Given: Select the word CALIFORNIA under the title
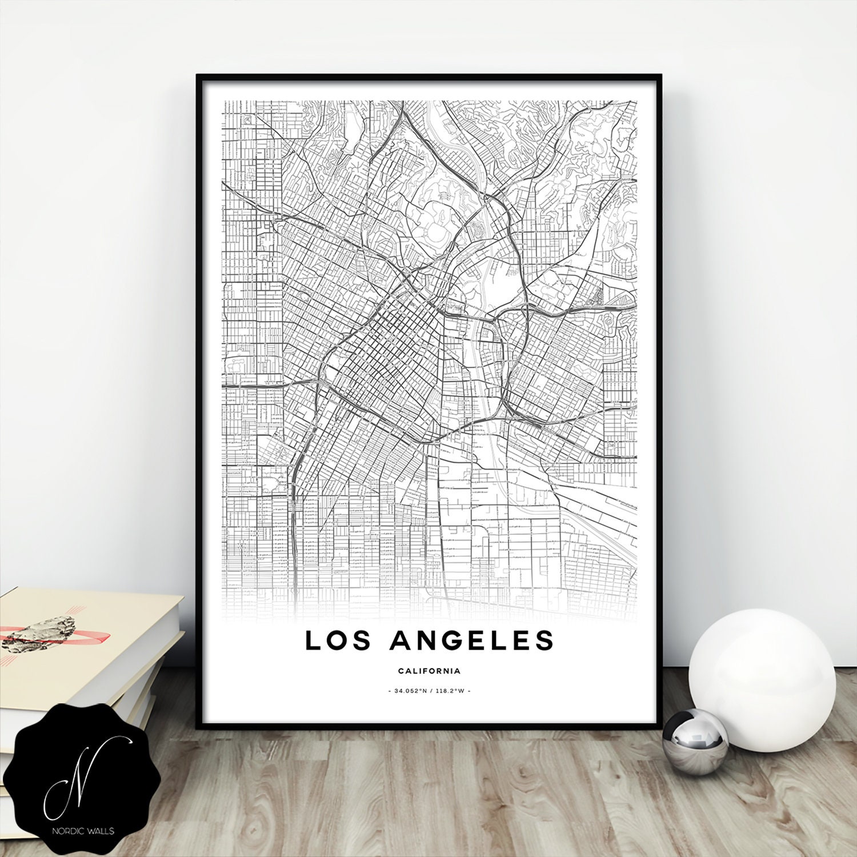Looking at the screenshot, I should tap(429, 671).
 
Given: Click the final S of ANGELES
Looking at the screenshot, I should tap(546, 640).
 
